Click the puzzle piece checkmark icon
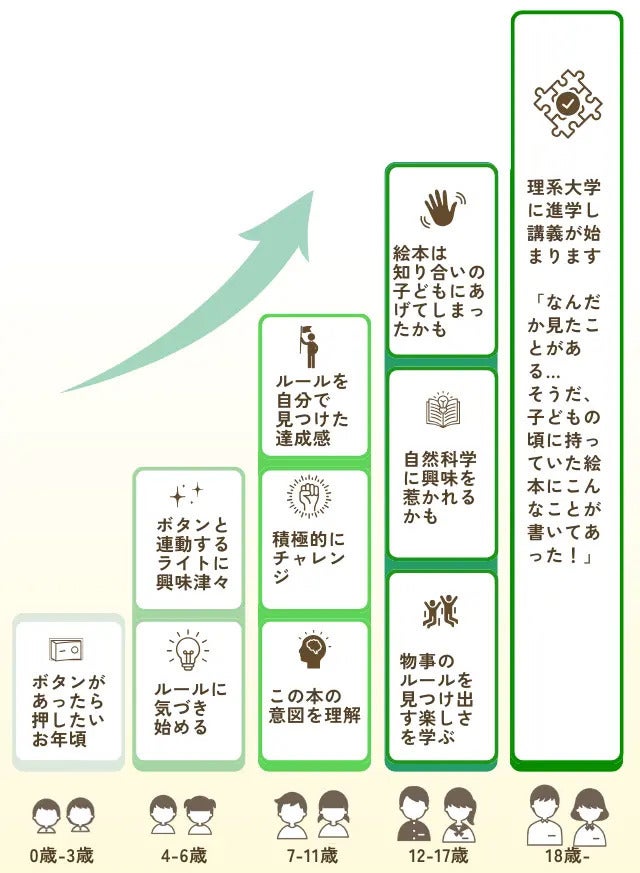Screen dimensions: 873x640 click(567, 102)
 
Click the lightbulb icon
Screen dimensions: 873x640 click(188, 651)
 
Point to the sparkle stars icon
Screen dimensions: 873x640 click(187, 494)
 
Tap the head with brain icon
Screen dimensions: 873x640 click(313, 651)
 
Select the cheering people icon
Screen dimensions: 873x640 click(441, 612)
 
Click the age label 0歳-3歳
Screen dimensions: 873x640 click(62, 856)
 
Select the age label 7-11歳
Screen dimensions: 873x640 click(312, 856)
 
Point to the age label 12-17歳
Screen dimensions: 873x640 click(440, 856)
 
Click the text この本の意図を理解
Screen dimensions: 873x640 click(314, 706)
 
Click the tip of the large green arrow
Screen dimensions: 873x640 click(312, 191)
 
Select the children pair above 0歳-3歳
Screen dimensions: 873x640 click(62, 816)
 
